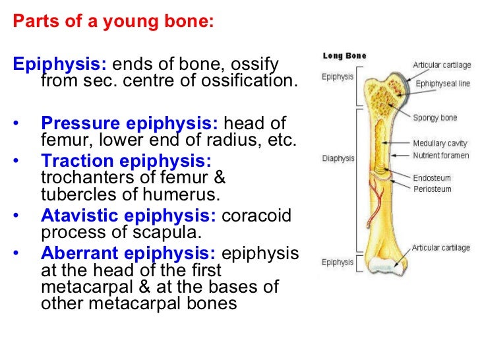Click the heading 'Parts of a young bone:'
tap(113, 21)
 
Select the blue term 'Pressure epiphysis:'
tap(131, 124)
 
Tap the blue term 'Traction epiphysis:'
tap(126, 160)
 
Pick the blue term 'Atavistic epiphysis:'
tap(129, 216)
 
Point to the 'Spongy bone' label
tap(435, 118)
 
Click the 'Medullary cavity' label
tap(440, 143)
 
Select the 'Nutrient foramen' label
tap(441, 156)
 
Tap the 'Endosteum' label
tap(432, 178)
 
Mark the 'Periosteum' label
tap(432, 189)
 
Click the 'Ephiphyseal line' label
tap(442, 84)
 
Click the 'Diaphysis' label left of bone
tap(338, 158)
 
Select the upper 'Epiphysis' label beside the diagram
tap(337, 76)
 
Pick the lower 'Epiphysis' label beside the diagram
tap(337, 262)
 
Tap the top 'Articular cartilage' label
tap(441, 65)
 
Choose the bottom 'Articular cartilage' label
tap(441, 248)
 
